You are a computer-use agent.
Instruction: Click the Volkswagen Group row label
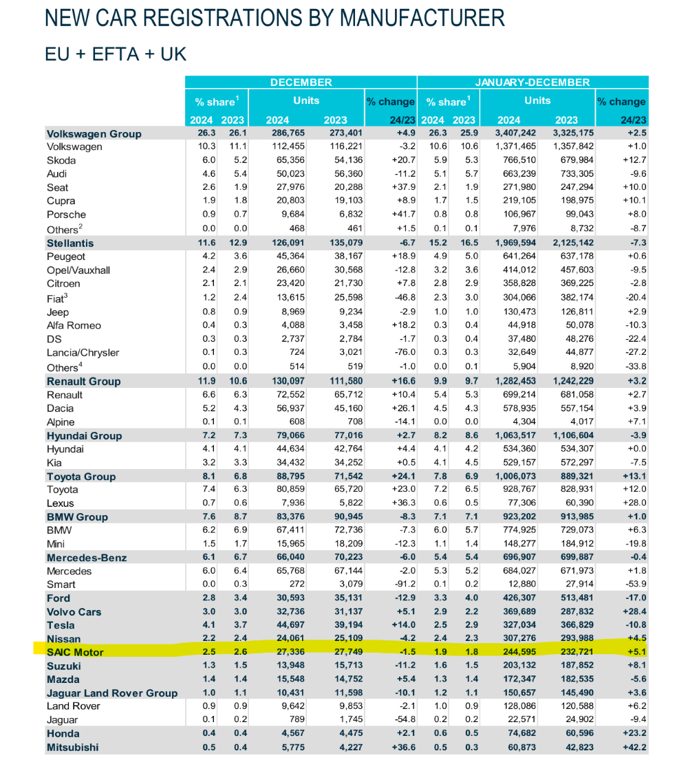tap(94, 133)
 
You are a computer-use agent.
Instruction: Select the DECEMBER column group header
tap(301, 83)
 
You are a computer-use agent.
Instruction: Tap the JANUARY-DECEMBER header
tap(533, 83)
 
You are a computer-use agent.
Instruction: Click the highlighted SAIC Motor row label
tap(75, 653)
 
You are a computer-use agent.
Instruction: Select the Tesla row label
tap(61, 625)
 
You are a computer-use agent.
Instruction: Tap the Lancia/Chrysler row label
tap(83, 353)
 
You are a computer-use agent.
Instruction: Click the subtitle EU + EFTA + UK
tap(115, 54)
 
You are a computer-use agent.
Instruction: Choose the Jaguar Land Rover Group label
tap(112, 693)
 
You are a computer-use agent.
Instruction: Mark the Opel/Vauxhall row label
tap(78, 270)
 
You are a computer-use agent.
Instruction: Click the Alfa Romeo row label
tap(74, 325)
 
